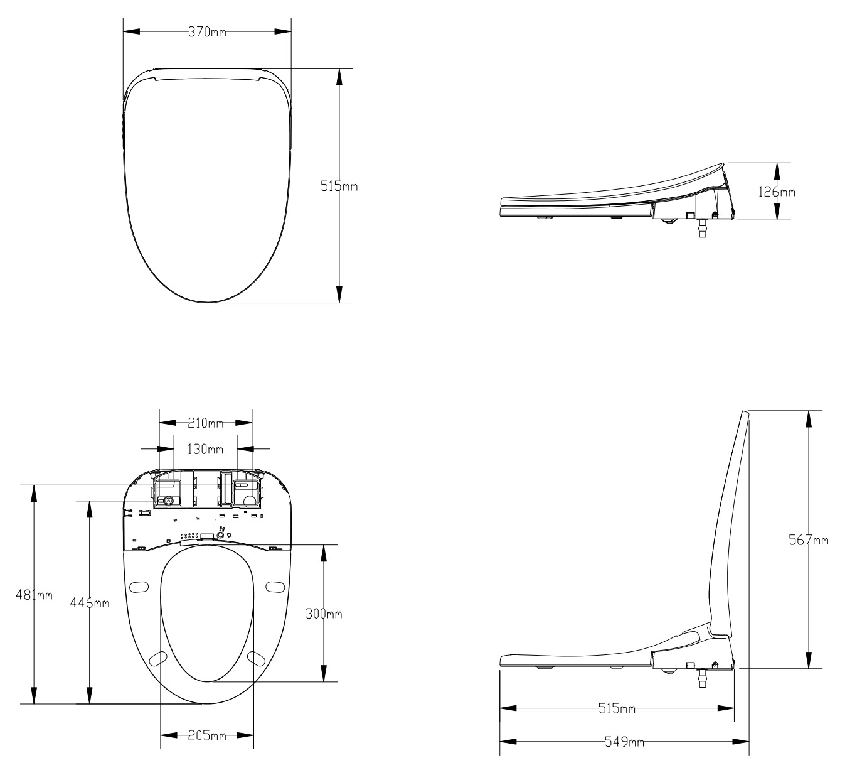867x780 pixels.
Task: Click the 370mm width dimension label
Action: (x=207, y=32)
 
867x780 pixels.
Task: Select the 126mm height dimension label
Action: (x=776, y=192)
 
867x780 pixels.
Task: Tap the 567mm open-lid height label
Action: (x=808, y=540)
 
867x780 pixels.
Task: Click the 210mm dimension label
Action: (x=206, y=424)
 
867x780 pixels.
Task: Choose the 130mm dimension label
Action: (x=206, y=449)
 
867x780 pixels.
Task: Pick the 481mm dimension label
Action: (x=34, y=595)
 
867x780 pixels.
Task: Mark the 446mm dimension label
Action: (x=91, y=603)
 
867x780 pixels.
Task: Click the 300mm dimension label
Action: (x=324, y=614)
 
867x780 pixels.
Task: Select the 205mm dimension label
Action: (x=207, y=736)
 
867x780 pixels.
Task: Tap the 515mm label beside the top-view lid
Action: (x=339, y=187)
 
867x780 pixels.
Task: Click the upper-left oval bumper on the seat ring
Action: (x=139, y=586)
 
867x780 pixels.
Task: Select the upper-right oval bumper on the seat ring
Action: (x=275, y=586)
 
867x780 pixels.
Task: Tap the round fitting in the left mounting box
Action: (x=168, y=501)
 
